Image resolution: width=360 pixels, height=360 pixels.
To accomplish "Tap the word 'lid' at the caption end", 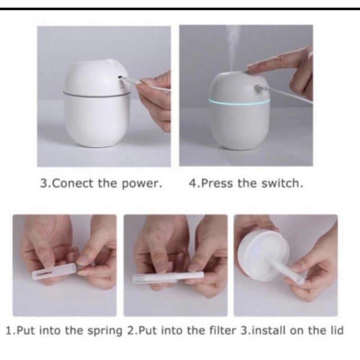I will [x=336, y=332].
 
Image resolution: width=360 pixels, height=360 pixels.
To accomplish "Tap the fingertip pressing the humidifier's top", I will [x=252, y=67].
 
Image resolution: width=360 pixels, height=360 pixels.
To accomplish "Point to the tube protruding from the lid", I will [x=288, y=270].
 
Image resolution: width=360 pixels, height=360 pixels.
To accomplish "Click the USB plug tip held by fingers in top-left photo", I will [x=130, y=81].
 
